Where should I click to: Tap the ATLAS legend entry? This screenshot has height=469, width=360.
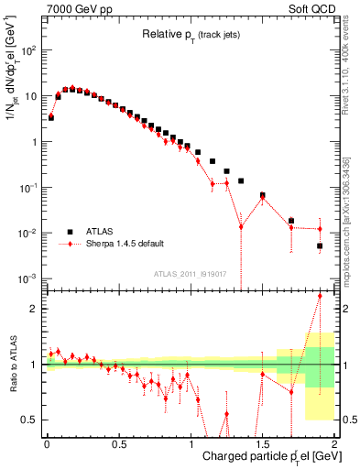[x=101, y=232]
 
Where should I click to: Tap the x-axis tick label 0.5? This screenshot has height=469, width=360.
[x=118, y=444]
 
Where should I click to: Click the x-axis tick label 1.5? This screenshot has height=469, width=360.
[x=262, y=444]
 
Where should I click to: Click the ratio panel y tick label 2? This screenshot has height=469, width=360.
[x=34, y=309]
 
